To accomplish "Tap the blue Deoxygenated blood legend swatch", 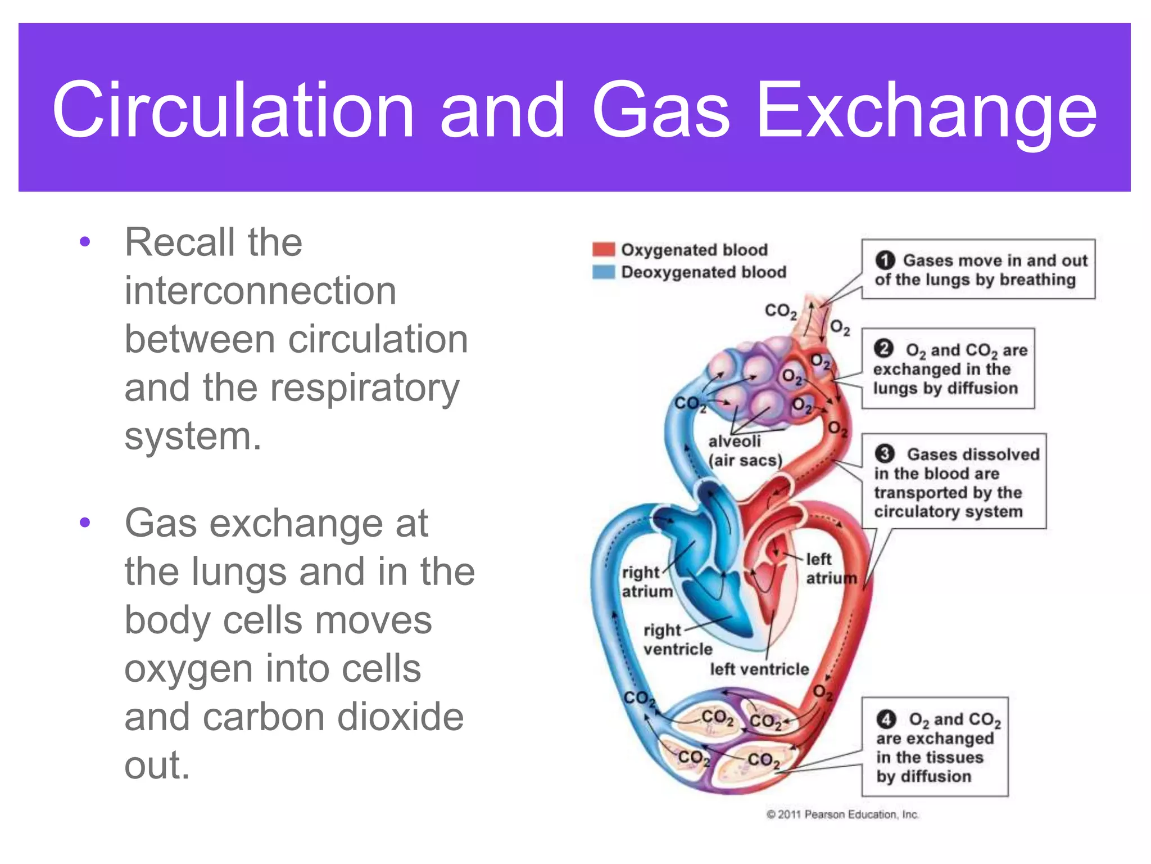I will click(x=604, y=272).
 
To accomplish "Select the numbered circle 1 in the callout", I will click(x=885, y=260).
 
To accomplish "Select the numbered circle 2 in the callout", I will click(x=883, y=349).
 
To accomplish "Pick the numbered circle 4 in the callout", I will click(x=886, y=719).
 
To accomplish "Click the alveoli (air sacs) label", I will click(x=745, y=451).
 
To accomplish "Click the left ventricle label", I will click(x=759, y=669).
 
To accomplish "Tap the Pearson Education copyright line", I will click(x=842, y=814).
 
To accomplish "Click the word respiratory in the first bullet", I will click(x=365, y=388).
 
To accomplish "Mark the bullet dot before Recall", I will click(x=85, y=242).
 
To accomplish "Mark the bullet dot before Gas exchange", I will click(x=85, y=523).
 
